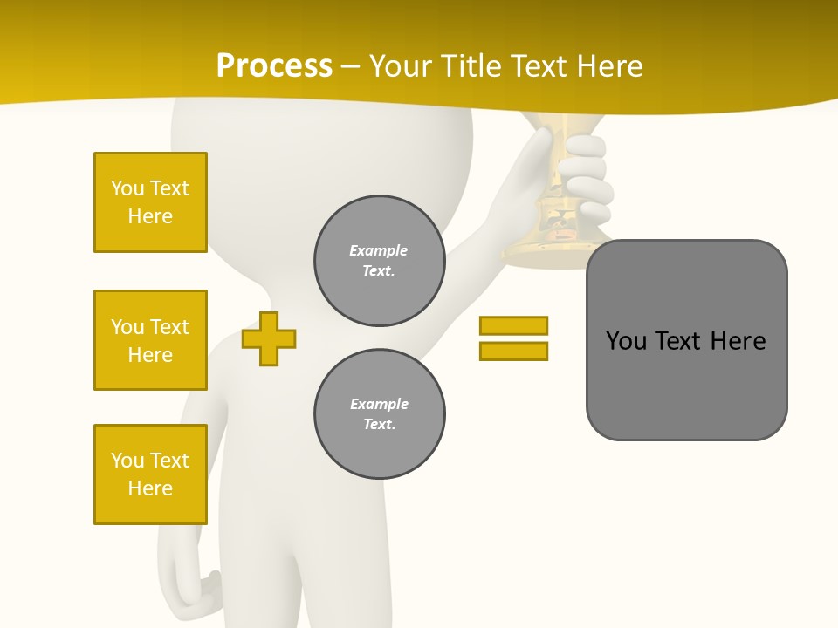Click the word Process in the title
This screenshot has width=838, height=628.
click(274, 65)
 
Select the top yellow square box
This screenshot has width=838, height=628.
click(150, 202)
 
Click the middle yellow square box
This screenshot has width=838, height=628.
click(150, 340)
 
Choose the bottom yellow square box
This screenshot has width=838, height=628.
click(150, 474)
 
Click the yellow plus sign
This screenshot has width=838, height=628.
click(269, 338)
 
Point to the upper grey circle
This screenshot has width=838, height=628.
click(379, 260)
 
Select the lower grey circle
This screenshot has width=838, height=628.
click(379, 413)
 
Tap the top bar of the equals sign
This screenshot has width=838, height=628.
click(513, 325)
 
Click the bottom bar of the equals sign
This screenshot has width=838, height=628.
click(513, 351)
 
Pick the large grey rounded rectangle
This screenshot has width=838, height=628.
click(686, 340)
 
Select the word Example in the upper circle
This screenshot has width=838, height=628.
click(378, 250)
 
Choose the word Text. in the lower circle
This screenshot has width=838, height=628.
click(379, 424)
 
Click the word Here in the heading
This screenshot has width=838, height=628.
click(608, 65)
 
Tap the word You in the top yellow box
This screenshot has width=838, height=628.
click(127, 188)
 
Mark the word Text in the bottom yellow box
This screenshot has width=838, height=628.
click(169, 461)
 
